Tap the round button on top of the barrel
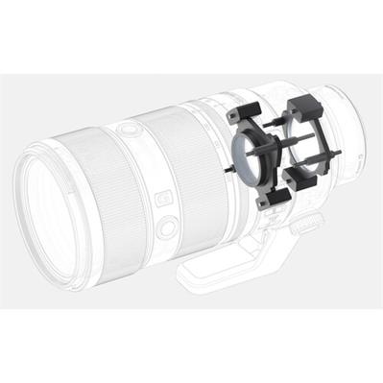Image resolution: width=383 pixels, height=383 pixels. (126, 129)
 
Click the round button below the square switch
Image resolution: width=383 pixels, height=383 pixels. (167, 227)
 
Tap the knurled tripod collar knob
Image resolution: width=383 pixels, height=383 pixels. (305, 225)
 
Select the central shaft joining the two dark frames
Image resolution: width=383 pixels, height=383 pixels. (288, 149)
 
